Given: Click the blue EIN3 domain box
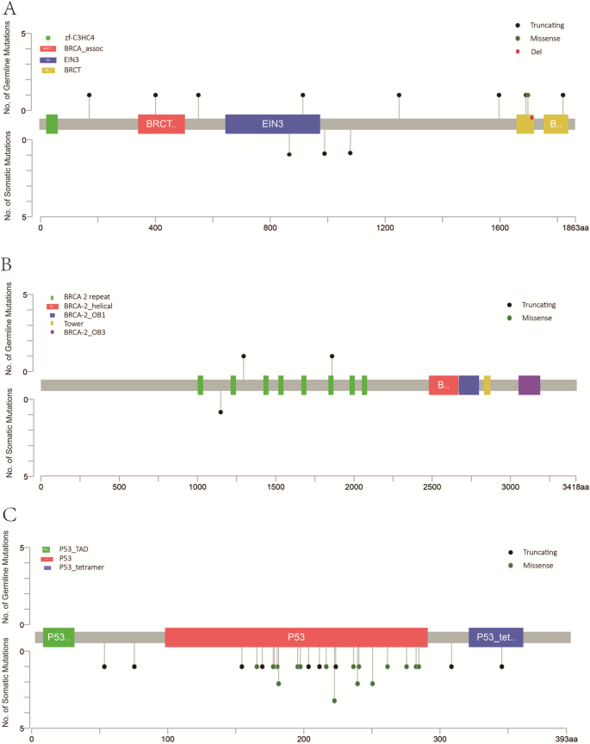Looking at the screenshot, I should [272, 124].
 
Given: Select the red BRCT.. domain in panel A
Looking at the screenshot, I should [161, 124].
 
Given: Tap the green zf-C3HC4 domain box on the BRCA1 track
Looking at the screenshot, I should [52, 124].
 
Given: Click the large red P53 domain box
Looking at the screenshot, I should [296, 637].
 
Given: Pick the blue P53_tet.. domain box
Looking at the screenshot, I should [495, 637].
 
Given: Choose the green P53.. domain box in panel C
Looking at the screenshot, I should [59, 637].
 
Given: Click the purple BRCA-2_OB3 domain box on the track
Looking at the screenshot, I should [529, 385].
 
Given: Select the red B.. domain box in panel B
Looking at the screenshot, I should [444, 385].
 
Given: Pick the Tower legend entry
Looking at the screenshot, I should [74, 323].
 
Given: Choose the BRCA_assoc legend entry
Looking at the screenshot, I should [83, 50].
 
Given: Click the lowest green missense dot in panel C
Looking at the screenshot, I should [334, 701].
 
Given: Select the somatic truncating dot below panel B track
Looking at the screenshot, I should [220, 412].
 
